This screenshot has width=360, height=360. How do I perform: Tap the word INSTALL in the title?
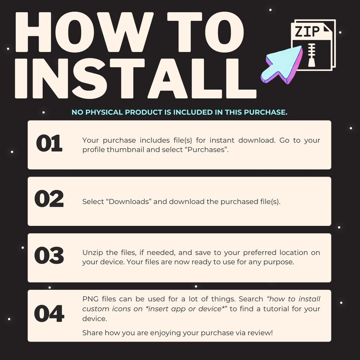[136, 78]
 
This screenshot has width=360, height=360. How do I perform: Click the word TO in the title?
[205, 32]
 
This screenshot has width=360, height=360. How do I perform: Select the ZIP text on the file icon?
[307, 31]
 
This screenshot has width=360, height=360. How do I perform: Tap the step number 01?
[49, 143]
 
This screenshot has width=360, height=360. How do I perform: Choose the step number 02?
[49, 199]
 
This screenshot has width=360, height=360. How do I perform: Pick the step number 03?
[49, 255]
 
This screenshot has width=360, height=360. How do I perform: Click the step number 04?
[49, 313]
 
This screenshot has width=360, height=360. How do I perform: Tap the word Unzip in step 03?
[92, 253]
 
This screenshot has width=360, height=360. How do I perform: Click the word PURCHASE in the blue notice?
[266, 112]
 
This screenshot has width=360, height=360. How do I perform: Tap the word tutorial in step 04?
[276, 309]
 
